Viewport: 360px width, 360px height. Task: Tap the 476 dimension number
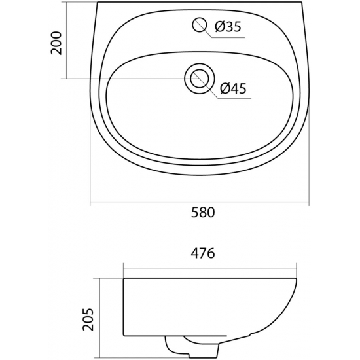(x=204, y=254)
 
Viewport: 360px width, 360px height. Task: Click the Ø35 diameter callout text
(x=227, y=27)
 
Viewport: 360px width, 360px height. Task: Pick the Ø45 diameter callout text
(x=233, y=90)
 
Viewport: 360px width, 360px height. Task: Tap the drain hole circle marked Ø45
(x=198, y=78)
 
